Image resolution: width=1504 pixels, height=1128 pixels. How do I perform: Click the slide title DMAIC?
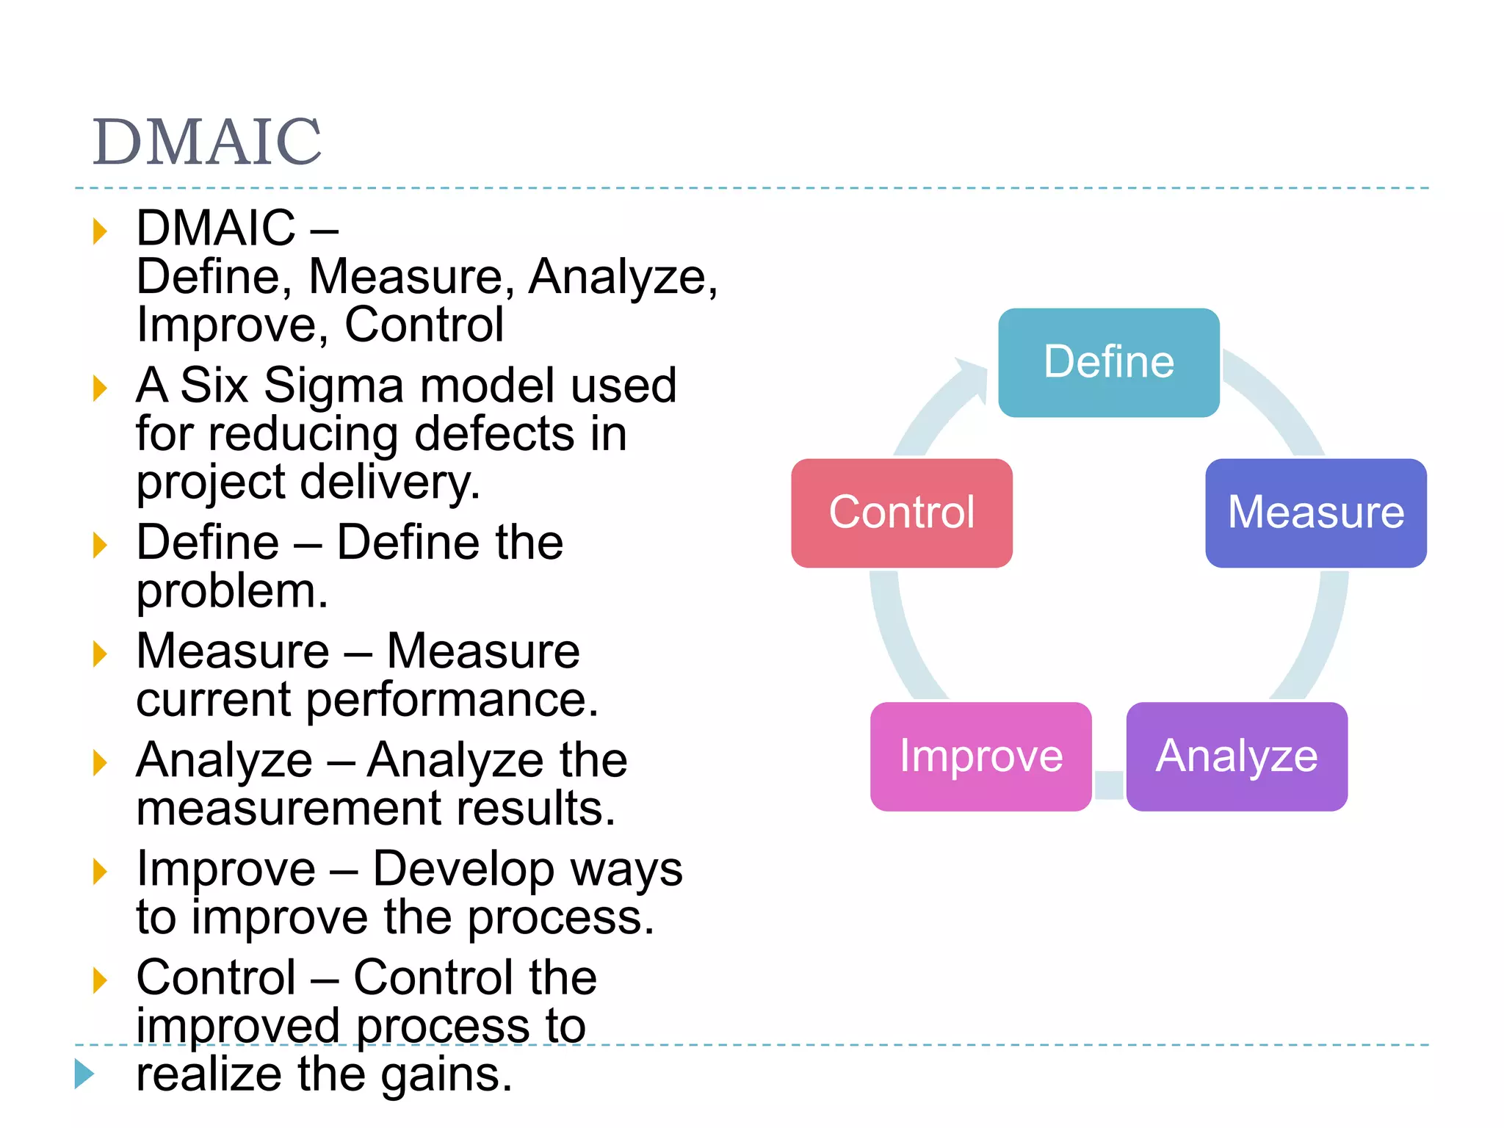[207, 142]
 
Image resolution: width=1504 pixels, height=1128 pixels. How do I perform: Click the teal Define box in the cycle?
[1108, 363]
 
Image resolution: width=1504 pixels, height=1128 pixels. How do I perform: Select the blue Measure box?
[1315, 513]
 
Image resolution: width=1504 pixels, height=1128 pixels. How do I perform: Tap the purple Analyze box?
[1237, 756]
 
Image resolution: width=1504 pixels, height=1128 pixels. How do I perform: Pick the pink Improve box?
[980, 756]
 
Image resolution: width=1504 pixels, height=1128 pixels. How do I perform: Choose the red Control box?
[901, 513]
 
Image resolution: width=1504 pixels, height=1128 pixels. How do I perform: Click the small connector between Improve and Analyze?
[1109, 784]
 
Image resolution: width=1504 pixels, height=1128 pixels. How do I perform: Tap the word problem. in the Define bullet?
[231, 592]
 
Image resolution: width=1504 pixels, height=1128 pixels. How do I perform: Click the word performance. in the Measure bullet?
[452, 700]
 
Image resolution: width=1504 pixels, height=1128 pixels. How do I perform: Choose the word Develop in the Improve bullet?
[463, 869]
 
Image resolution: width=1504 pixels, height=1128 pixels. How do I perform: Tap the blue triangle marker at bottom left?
[84, 1074]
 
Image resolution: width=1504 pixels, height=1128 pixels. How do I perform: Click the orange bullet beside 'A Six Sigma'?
[100, 388]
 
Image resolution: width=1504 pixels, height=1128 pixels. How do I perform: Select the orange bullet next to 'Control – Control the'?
[100, 980]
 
